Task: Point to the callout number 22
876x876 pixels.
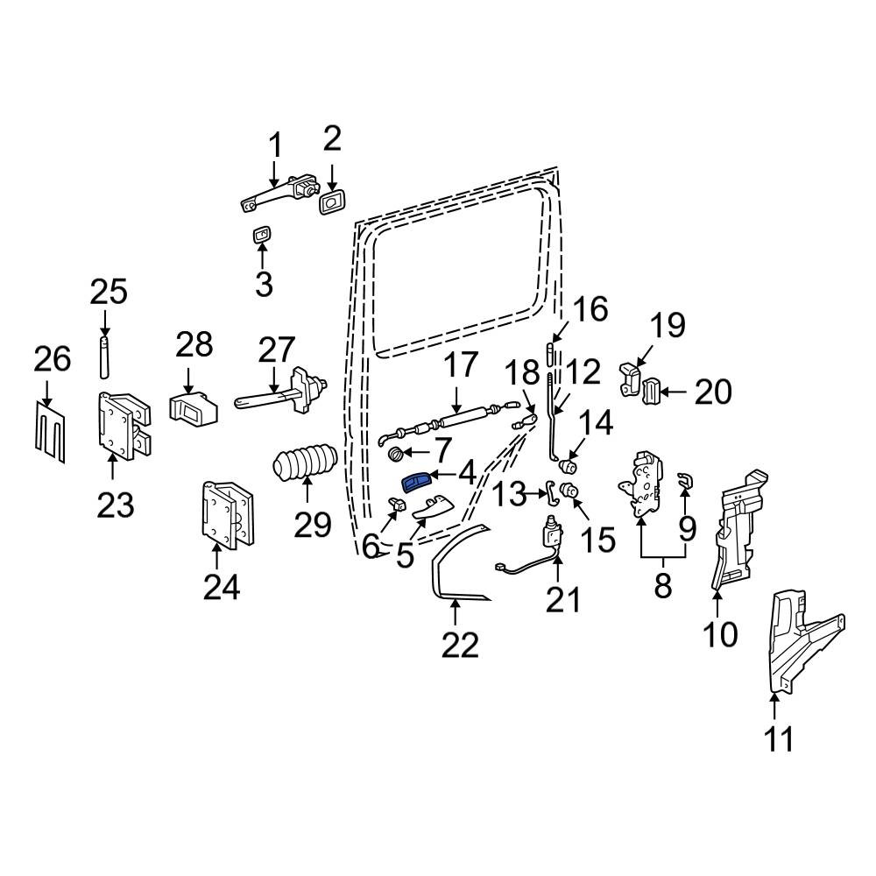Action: (x=461, y=645)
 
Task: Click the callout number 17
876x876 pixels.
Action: (x=461, y=364)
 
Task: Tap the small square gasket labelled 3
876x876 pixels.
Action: (x=261, y=235)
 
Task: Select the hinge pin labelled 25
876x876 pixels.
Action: (x=104, y=357)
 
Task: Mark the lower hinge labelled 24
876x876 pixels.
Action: (x=228, y=512)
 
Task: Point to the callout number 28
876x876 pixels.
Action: (x=194, y=344)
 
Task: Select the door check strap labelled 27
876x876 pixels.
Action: (x=280, y=391)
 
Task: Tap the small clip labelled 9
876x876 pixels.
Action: (x=684, y=479)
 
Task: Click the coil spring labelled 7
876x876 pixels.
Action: (x=395, y=454)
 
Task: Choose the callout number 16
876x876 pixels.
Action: (x=590, y=309)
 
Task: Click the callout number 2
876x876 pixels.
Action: (x=332, y=138)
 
